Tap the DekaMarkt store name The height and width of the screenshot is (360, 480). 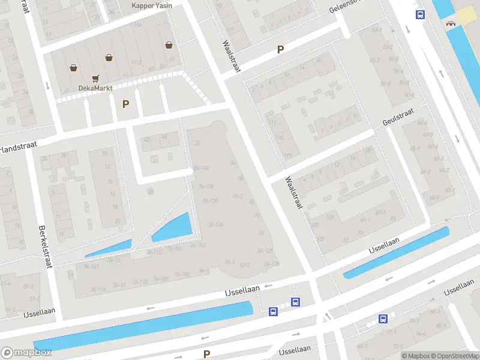pos(95,88)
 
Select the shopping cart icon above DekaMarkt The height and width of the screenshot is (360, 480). pos(95,78)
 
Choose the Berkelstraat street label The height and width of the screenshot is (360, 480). pos(44,247)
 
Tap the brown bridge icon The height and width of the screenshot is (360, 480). pos(449,23)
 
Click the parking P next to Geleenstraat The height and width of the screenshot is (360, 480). pos(280,50)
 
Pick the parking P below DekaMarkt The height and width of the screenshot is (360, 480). pos(125,104)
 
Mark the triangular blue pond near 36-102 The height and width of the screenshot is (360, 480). pos(176,228)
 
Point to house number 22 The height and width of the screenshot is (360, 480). pos(197,143)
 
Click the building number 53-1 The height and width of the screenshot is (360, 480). pos(229,262)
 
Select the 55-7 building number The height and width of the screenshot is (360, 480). pos(238,196)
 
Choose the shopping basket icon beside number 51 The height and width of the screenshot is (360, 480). pos(170,45)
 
